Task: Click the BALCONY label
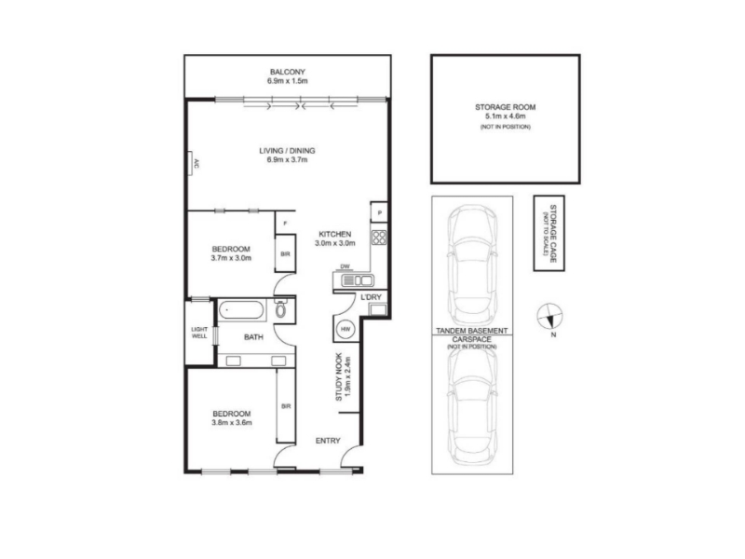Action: [288, 72]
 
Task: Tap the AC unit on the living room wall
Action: [190, 164]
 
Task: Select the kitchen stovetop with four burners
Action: [379, 238]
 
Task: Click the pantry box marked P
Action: [379, 212]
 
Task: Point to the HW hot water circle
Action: [345, 329]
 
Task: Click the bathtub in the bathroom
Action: [241, 310]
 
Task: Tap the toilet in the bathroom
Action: [280, 308]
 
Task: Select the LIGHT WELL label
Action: [199, 333]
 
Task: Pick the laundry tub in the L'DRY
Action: [378, 310]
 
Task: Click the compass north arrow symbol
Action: [549, 316]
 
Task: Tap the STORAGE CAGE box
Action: [549, 233]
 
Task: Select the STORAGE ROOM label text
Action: [505, 107]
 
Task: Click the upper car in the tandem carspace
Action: [472, 266]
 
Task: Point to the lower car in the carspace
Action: [472, 405]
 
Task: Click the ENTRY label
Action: [328, 441]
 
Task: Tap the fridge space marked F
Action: [285, 223]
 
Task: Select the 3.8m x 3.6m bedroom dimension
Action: [231, 423]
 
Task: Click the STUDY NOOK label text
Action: [339, 376]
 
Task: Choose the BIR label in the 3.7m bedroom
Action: [285, 254]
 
